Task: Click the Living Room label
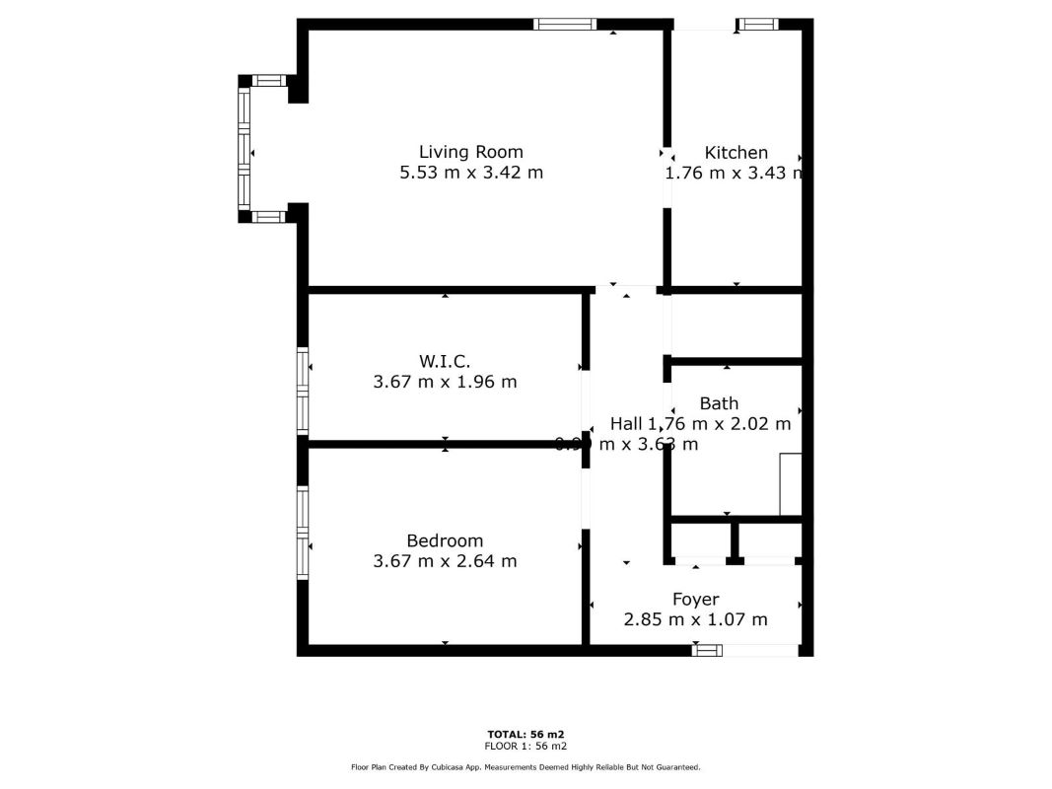[x=470, y=152]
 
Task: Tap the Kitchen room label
[x=736, y=153]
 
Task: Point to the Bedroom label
[x=445, y=540]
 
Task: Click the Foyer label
[x=695, y=599]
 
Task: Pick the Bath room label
[x=719, y=403]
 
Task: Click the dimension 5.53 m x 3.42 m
[x=470, y=173]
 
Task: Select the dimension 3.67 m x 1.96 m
[x=445, y=382]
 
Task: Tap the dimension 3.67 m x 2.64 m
[x=445, y=561]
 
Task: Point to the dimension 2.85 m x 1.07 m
[x=695, y=619]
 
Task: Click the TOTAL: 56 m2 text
[x=526, y=734]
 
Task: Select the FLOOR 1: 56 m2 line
[x=526, y=746]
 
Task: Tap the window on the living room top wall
[x=565, y=24]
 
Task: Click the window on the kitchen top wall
[x=758, y=24]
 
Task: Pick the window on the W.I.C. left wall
[x=303, y=391]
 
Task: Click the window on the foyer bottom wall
[x=707, y=650]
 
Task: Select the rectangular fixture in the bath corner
[x=791, y=484]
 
